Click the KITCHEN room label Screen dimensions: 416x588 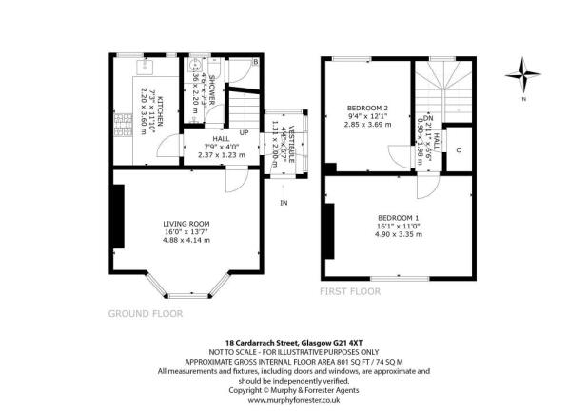(163, 111)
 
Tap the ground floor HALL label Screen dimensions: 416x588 (221, 138)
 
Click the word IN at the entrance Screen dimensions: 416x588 (283, 203)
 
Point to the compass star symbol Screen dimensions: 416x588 (521, 73)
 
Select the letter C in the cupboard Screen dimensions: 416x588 (458, 150)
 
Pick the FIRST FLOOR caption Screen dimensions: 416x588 (350, 290)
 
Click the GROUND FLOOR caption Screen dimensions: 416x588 (145, 312)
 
